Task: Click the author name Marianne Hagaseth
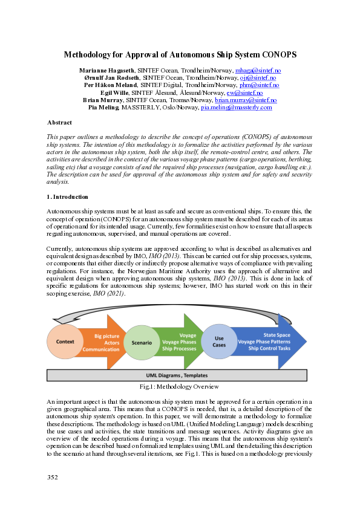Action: click(108, 71)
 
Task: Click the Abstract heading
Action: click(59, 123)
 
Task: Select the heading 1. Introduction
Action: click(68, 197)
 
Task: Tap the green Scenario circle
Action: click(141, 342)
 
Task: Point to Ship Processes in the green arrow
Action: click(178, 349)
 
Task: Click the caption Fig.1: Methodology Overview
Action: click(179, 387)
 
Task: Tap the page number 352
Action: click(53, 478)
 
